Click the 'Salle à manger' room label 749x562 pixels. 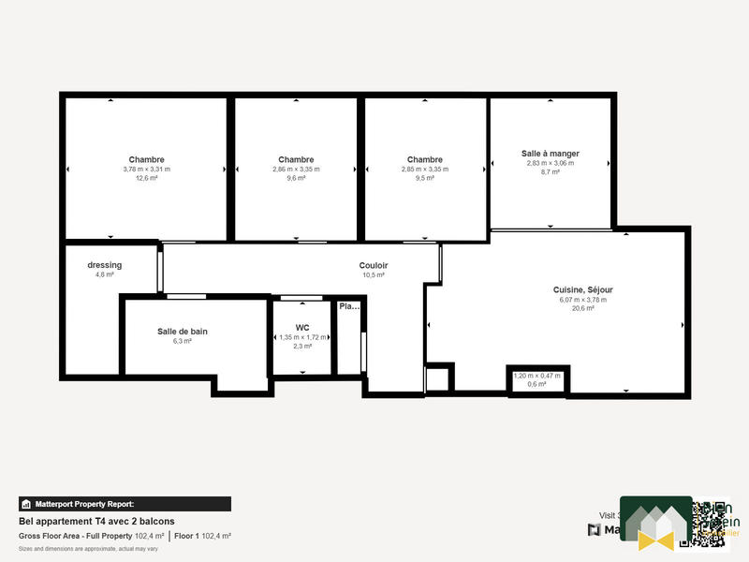pyautogui.click(x=550, y=153)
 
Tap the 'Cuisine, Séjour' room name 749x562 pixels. pyautogui.click(x=582, y=289)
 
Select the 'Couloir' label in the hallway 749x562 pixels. pyautogui.click(x=374, y=266)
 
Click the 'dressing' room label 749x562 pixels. pyautogui.click(x=105, y=265)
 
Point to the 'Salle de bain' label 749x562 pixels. pyautogui.click(x=182, y=332)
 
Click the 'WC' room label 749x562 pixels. pyautogui.click(x=302, y=328)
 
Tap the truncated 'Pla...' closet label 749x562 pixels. pyautogui.click(x=348, y=306)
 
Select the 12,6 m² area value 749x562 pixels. pyautogui.click(x=146, y=178)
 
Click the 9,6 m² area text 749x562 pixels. pyautogui.click(x=296, y=178)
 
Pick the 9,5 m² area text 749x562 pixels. pyautogui.click(x=425, y=178)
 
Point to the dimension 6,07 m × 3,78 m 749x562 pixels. pyautogui.click(x=582, y=300)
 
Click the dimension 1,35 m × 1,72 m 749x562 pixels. pyautogui.click(x=302, y=337)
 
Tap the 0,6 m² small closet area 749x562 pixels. pyautogui.click(x=536, y=384)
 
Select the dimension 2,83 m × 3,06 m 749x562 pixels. pyautogui.click(x=550, y=163)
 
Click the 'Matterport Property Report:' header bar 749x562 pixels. pyautogui.click(x=125, y=504)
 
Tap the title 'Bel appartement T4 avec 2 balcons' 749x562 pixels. pyautogui.click(x=96, y=522)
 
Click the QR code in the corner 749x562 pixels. pyautogui.click(x=703, y=522)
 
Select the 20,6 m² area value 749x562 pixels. pyautogui.click(x=582, y=308)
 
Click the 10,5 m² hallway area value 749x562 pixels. pyautogui.click(x=374, y=275)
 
